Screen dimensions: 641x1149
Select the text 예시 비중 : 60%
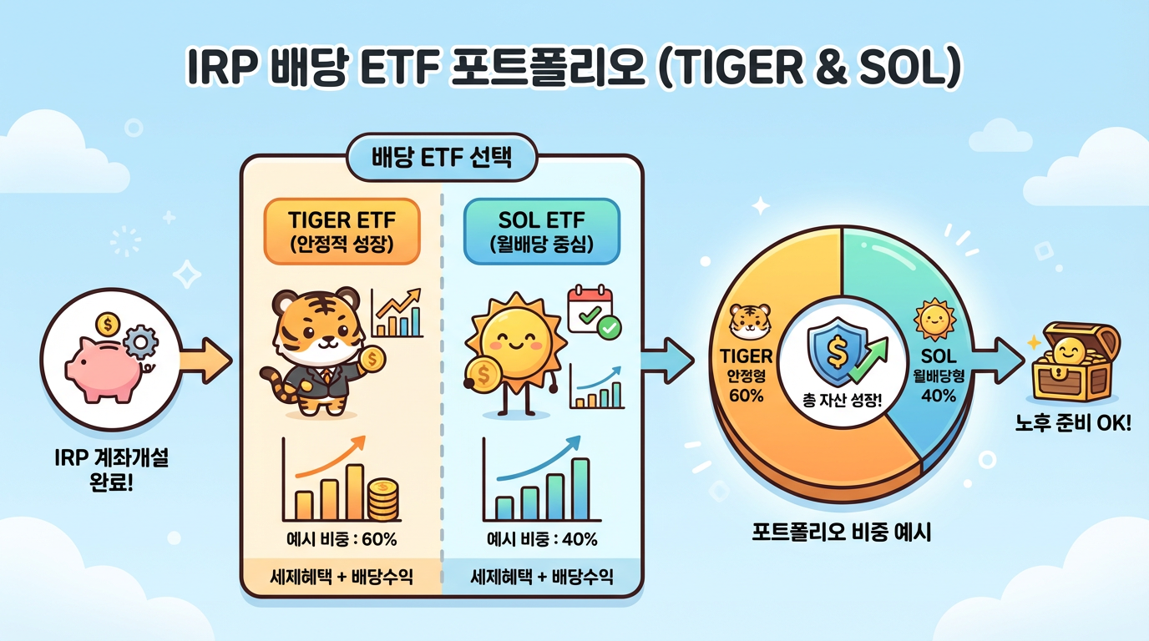coord(342,539)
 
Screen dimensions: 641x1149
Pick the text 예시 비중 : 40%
coord(542,539)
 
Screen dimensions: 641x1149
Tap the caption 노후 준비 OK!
coord(1072,424)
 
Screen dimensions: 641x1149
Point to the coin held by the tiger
coord(373,360)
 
